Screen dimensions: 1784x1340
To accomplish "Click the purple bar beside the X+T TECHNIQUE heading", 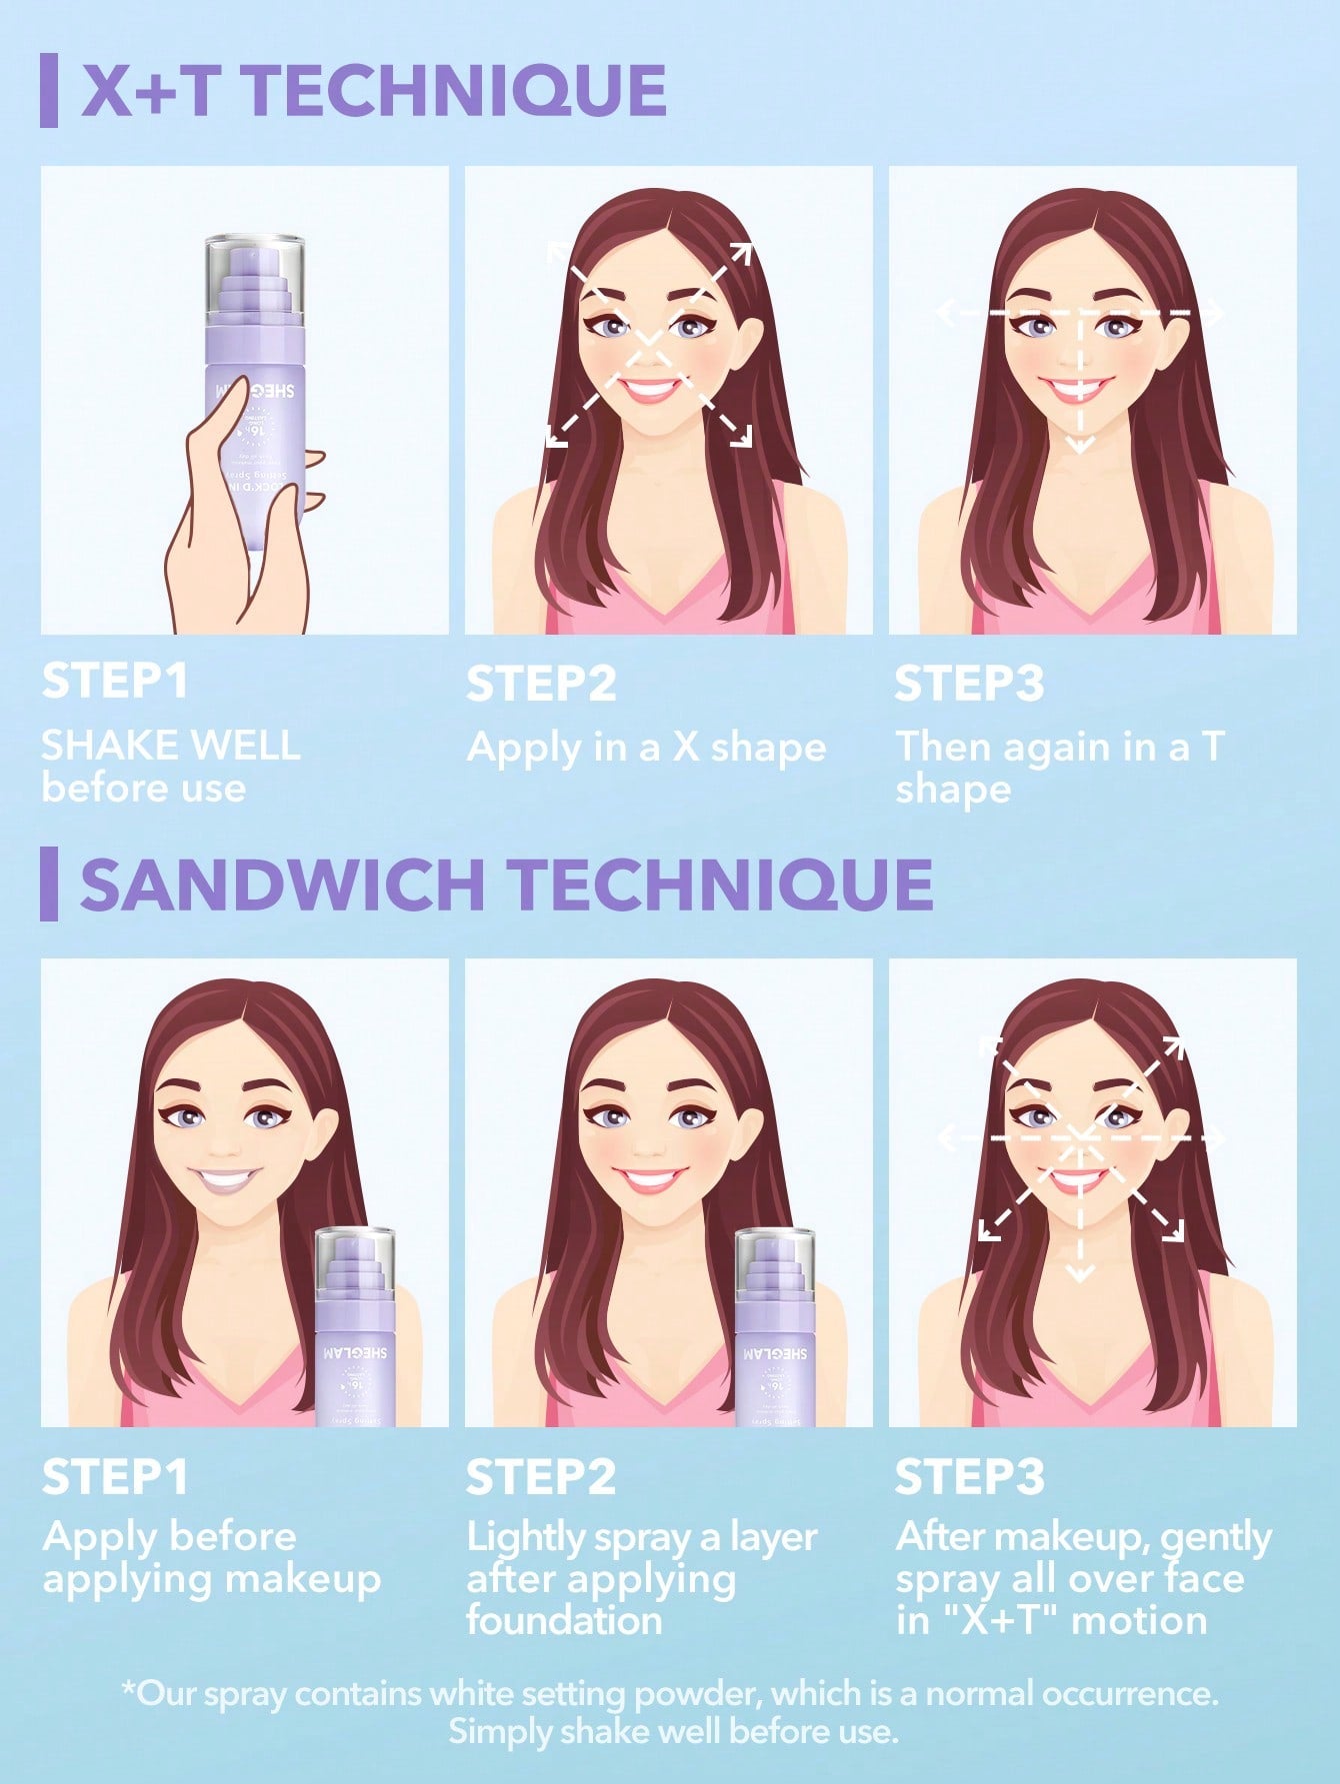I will point(48,91).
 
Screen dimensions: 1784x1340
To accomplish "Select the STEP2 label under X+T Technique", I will point(541,684).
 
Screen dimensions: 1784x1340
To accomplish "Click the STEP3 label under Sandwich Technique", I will point(969,1477).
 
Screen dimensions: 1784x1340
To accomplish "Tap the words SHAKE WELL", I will point(170,746).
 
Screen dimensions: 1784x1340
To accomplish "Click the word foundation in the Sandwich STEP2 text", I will point(564,1620).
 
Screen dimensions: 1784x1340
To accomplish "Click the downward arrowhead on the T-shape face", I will point(1079,445).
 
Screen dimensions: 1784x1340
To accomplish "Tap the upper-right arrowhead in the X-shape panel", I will point(741,252).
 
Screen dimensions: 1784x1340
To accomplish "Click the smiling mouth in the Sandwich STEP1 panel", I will point(227,1180).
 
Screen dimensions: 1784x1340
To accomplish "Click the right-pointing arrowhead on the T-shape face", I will point(1215,314).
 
